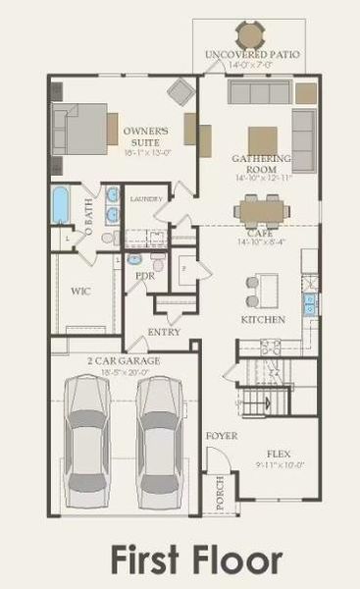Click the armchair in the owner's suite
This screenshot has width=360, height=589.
pos(181,93)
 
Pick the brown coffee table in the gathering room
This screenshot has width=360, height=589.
pos(262,139)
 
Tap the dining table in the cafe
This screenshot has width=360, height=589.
pos(260,209)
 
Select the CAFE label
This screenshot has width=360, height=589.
pos(260,233)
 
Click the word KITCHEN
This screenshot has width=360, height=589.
pos(263,320)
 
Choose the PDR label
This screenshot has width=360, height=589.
pos(146,277)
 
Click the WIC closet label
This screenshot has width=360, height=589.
pos(81,292)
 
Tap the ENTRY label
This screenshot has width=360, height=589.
pos(164,332)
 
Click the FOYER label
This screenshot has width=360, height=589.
pos(215,434)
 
